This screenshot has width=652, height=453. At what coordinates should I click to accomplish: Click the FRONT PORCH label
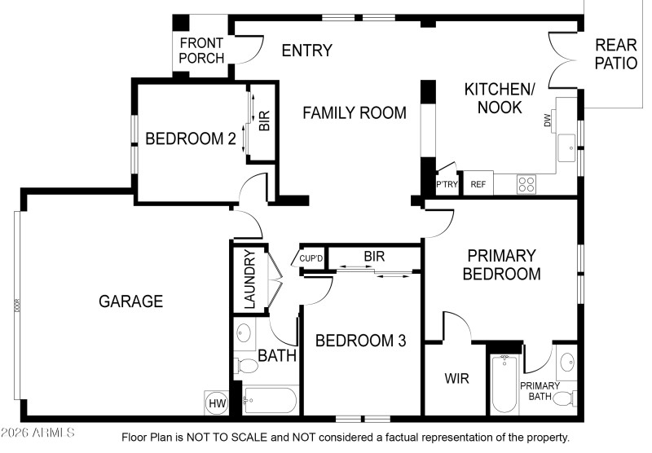tap(202, 51)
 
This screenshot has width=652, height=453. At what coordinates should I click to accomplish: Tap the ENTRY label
tap(306, 51)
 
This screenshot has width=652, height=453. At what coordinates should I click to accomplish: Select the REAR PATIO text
tap(615, 54)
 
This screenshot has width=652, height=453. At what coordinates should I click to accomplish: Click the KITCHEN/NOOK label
tap(500, 98)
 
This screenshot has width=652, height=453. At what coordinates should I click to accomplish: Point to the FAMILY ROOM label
tap(355, 113)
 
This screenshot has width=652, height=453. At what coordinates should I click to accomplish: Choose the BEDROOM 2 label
tap(191, 139)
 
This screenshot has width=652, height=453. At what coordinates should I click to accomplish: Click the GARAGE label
tap(130, 301)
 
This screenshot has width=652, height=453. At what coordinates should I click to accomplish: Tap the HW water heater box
tap(217, 402)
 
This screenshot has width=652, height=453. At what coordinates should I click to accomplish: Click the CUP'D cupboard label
tap(311, 259)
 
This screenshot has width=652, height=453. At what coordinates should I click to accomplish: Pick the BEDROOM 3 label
tap(360, 341)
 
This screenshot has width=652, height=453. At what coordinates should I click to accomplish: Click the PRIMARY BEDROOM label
tap(501, 265)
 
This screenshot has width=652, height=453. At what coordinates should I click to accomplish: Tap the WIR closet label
tap(456, 379)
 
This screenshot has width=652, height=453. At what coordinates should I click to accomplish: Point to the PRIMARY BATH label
tap(540, 391)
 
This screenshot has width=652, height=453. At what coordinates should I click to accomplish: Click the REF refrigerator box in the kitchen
tap(478, 184)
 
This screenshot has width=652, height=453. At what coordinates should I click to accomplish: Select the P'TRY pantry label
tap(447, 185)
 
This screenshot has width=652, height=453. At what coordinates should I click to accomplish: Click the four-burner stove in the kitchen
tap(526, 184)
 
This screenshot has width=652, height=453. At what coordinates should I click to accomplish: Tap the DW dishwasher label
tap(547, 121)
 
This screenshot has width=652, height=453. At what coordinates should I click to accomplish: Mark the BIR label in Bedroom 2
tap(264, 122)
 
